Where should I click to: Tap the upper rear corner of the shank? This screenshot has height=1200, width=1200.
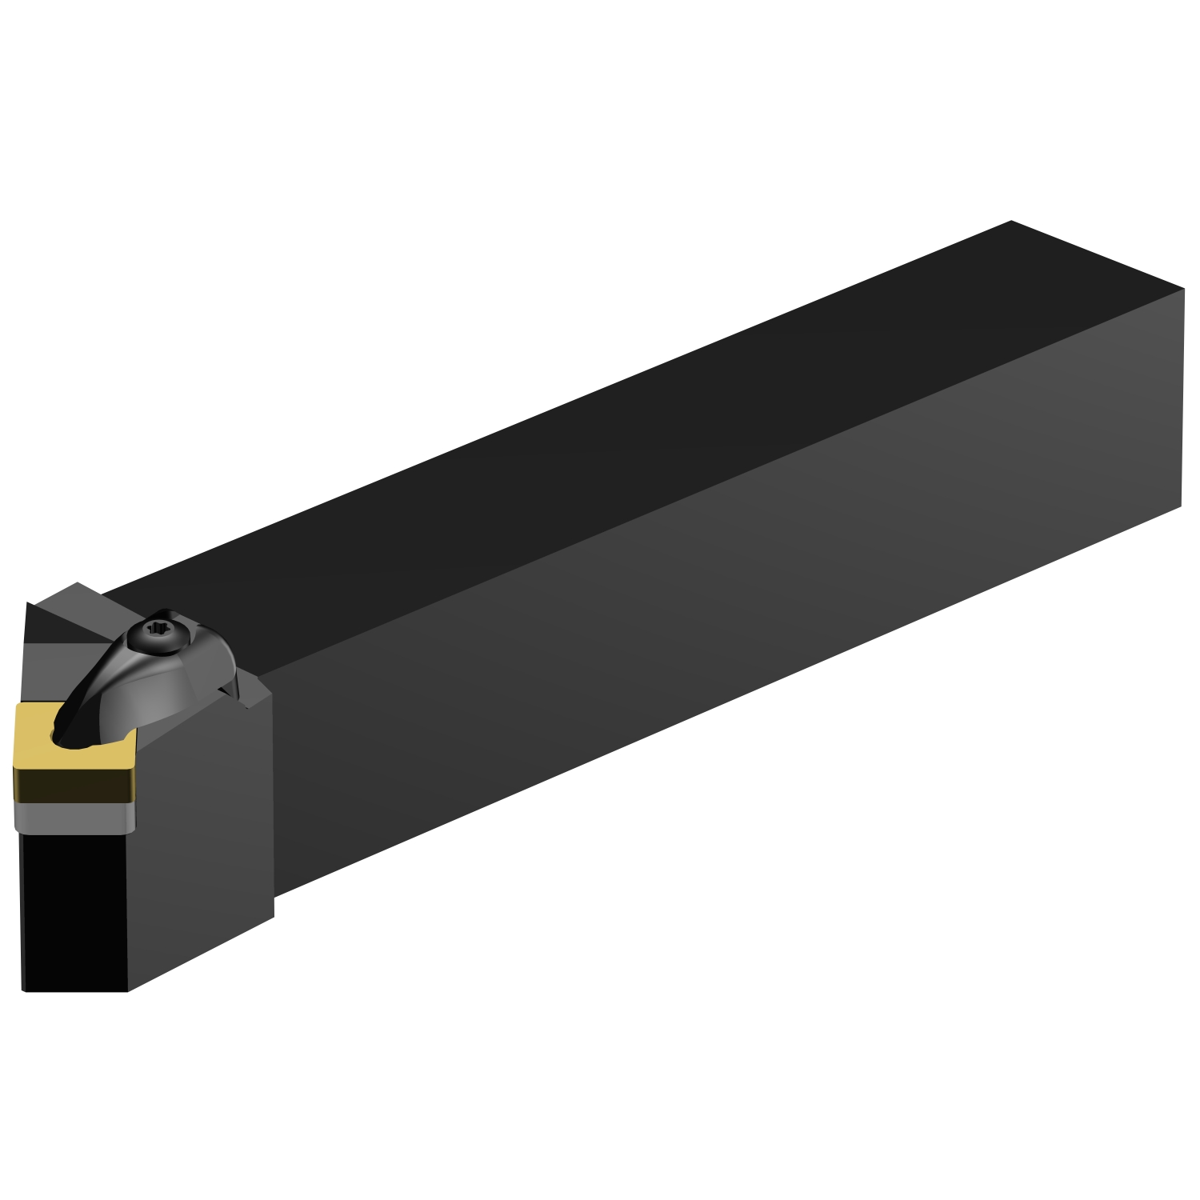pyautogui.click(x=1183, y=290)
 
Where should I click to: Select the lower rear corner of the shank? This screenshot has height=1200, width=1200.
pyautogui.click(x=1181, y=506)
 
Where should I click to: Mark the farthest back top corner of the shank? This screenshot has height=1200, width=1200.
pyautogui.click(x=1011, y=221)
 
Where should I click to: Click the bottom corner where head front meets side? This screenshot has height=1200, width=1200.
pyautogui.click(x=128, y=991)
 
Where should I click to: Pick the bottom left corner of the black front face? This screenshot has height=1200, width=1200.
pyautogui.click(x=24, y=990)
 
